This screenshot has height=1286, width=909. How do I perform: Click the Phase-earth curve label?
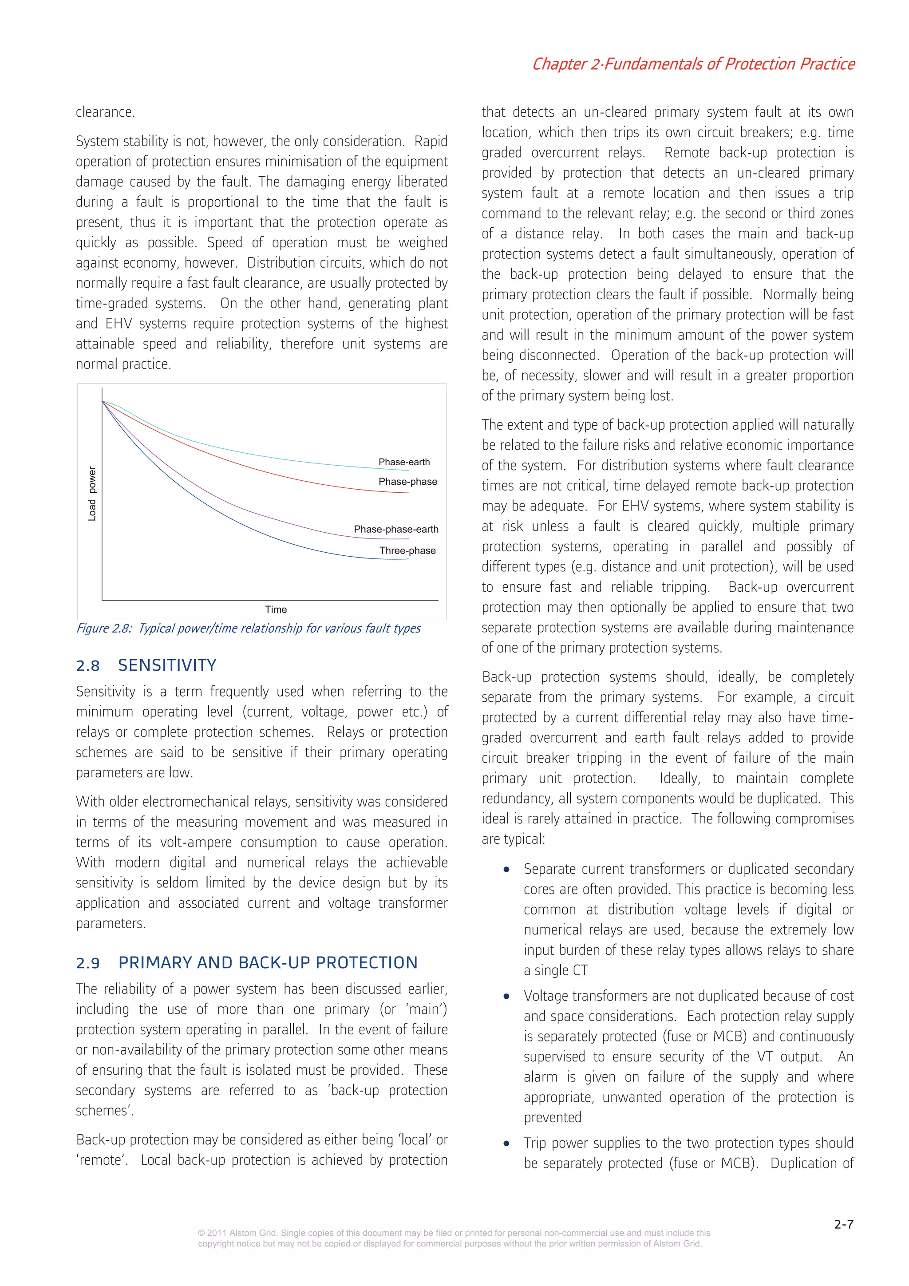tap(404, 462)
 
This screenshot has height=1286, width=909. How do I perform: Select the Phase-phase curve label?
tap(408, 482)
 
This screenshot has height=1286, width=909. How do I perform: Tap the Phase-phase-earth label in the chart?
tap(396, 529)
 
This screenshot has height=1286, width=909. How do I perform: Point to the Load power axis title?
tap(92, 494)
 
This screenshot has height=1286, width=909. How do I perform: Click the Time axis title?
tap(276, 609)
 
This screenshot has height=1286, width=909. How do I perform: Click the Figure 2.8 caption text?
tap(248, 629)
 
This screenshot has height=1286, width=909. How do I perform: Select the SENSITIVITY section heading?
tap(167, 665)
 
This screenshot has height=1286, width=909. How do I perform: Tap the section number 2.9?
tap(88, 963)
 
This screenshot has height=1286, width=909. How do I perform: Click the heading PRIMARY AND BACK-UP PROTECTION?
tap(268, 963)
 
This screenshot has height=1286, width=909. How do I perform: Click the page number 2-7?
tap(843, 1224)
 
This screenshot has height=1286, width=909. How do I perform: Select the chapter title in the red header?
tap(693, 64)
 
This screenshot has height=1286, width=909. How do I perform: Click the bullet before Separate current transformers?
tap(506, 870)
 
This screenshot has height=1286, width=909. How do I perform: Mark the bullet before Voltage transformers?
tap(506, 997)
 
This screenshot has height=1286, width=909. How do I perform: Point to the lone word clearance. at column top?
tap(105, 112)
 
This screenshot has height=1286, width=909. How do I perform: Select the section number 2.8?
tap(88, 666)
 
